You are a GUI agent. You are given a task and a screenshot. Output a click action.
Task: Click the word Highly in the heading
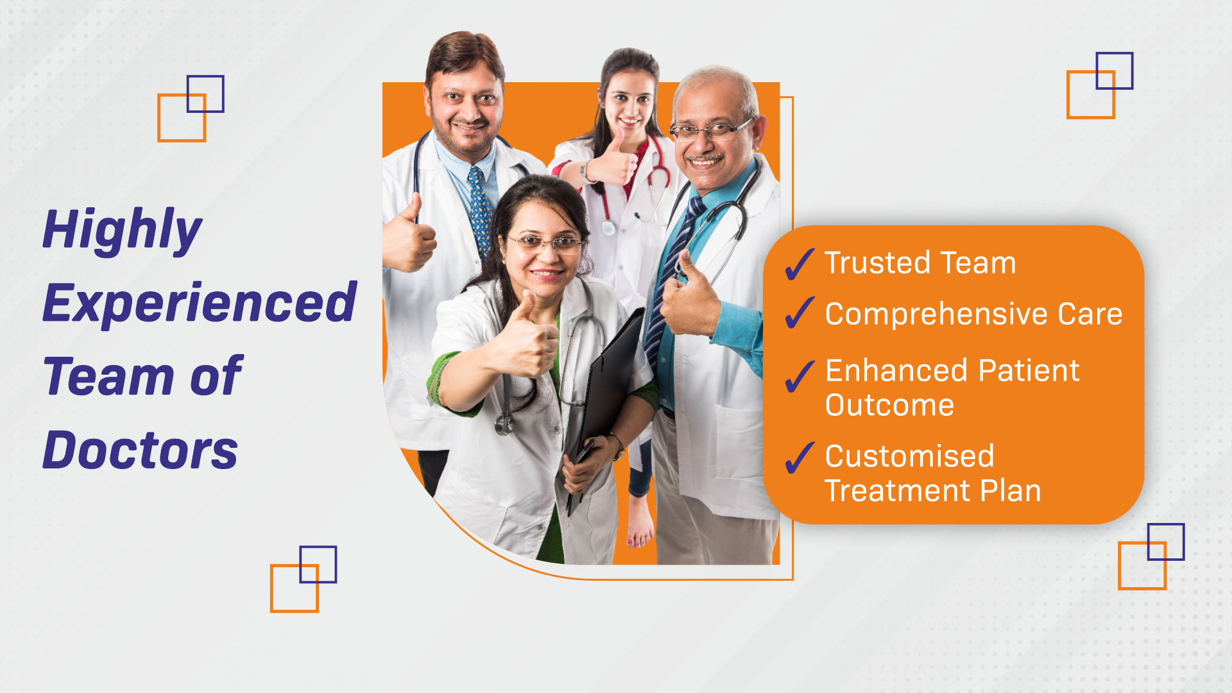pyautogui.click(x=123, y=230)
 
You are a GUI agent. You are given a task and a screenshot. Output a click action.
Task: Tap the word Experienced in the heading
pyautogui.click(x=200, y=303)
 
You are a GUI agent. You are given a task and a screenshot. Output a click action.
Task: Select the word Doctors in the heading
pyautogui.click(x=140, y=450)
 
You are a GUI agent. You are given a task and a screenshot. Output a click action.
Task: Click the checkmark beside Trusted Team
pyautogui.click(x=800, y=264)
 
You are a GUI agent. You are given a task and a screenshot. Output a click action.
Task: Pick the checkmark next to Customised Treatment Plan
pyautogui.click(x=800, y=458)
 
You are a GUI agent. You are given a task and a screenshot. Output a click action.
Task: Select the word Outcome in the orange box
pyautogui.click(x=889, y=406)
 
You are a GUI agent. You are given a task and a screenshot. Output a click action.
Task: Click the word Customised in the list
pyautogui.click(x=909, y=456)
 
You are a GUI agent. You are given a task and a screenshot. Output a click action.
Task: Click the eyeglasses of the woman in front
pyautogui.click(x=545, y=243)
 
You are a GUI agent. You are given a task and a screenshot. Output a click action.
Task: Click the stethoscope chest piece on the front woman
pyautogui.click(x=505, y=423)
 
